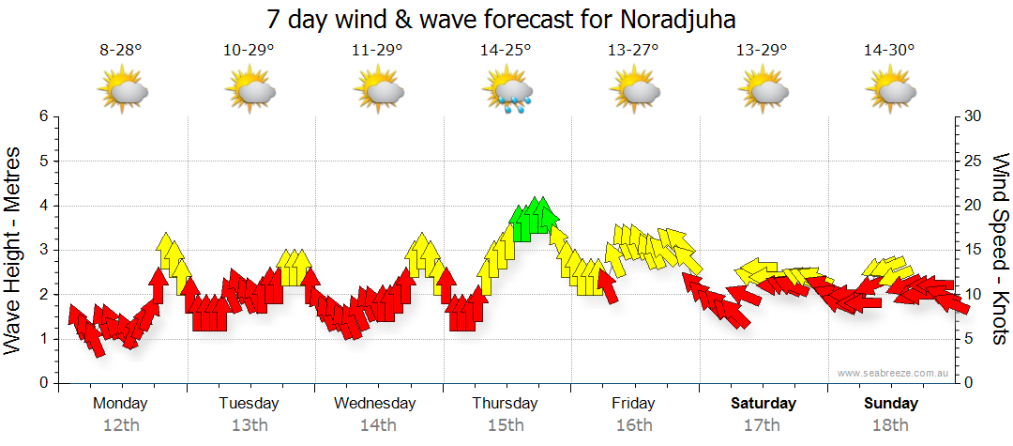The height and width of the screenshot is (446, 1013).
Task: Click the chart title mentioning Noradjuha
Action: (x=507, y=19)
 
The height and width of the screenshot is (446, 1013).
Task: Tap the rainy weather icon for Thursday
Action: (x=507, y=91)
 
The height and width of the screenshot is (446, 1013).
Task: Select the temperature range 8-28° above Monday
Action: (x=121, y=52)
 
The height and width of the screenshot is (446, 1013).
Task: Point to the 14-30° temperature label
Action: (x=889, y=52)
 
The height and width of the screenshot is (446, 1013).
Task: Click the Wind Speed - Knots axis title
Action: (x=1000, y=249)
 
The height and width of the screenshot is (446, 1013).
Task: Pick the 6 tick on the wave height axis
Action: (x=42, y=116)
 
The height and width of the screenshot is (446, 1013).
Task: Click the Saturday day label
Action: (x=763, y=404)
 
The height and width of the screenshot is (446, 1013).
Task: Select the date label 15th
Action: (x=506, y=425)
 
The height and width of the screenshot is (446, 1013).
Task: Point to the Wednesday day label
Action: (x=375, y=404)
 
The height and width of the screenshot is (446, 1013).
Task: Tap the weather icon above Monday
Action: (x=123, y=91)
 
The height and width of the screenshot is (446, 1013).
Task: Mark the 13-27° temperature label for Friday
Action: (x=634, y=52)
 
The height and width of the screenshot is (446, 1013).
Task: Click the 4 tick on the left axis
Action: (x=42, y=206)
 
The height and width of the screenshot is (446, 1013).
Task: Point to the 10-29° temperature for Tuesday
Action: (x=249, y=52)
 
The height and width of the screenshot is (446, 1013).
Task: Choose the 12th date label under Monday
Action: (x=121, y=425)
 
